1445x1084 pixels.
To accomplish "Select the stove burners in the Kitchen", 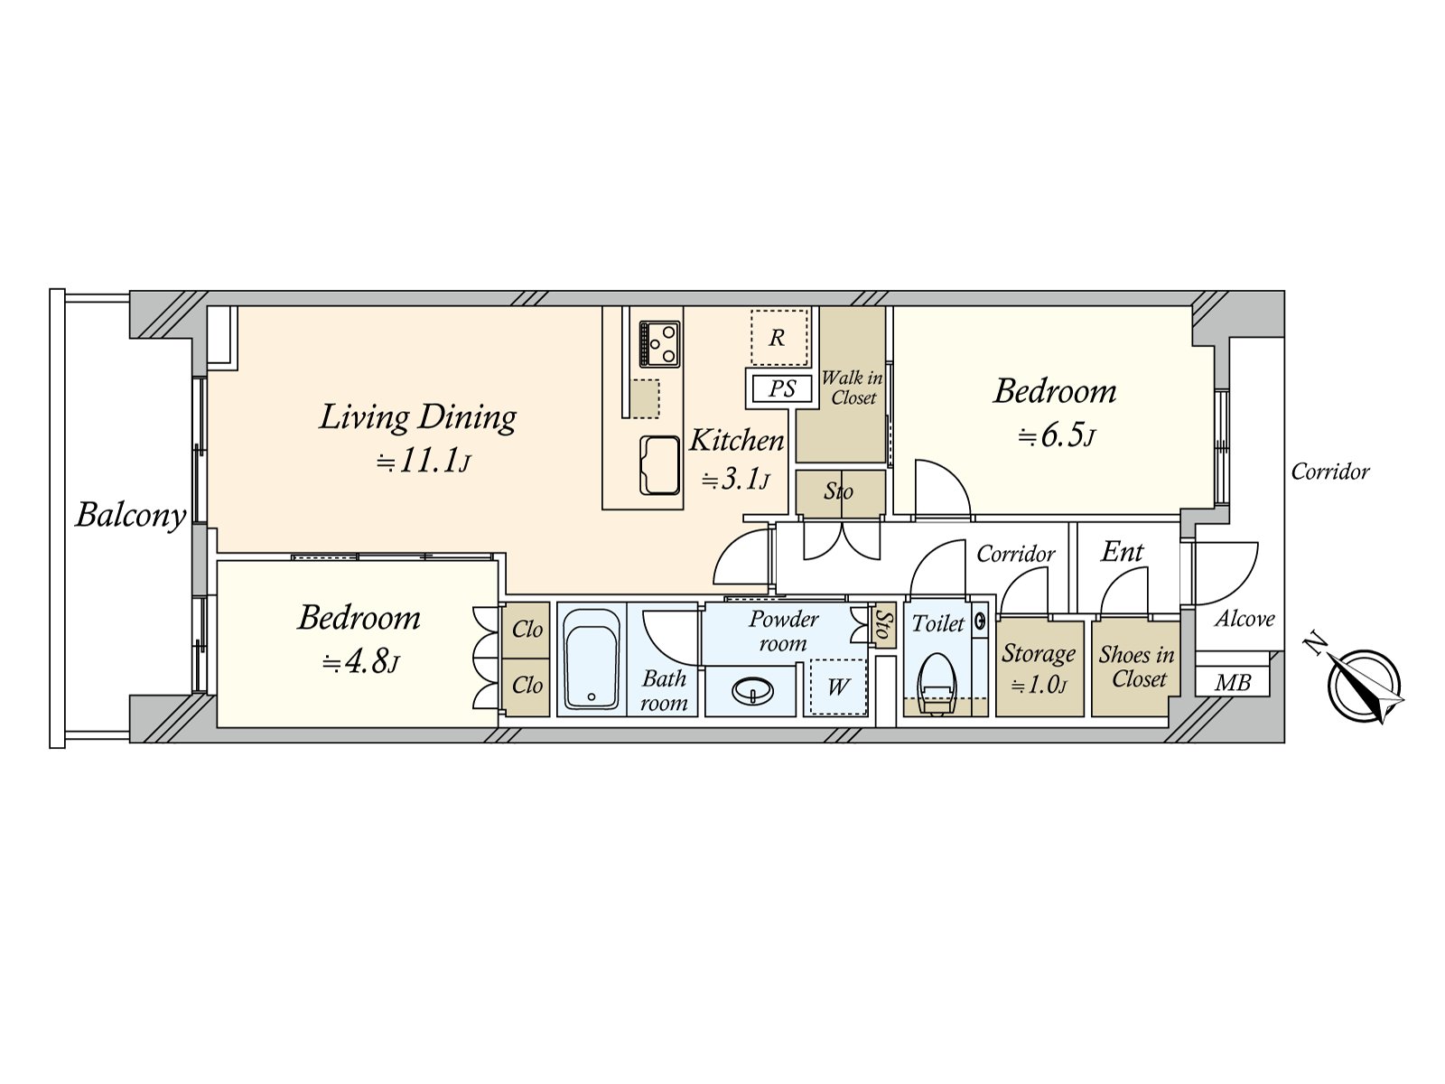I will [659, 343].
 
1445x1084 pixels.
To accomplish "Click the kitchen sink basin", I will [660, 464].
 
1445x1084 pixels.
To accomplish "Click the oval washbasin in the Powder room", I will [752, 692].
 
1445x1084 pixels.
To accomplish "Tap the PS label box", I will [782, 388].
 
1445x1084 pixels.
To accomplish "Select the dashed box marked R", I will [778, 337].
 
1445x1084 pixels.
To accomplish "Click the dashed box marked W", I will [837, 687].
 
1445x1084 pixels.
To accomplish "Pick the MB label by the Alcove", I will [1233, 682].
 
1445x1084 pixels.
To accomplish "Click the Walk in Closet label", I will [852, 388].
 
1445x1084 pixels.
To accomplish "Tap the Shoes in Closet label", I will [1137, 667].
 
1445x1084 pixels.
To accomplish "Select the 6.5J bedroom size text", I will [1056, 436].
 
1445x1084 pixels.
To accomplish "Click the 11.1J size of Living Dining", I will [424, 462].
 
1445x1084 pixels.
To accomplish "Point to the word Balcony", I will [131, 515].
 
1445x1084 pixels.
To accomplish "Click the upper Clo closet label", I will [527, 629].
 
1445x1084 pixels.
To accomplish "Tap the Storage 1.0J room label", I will [1039, 667].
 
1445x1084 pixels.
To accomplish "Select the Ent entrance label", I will [1123, 551].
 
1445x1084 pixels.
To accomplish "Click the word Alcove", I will [1245, 619].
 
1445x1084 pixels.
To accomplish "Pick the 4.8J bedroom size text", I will [360, 663].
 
